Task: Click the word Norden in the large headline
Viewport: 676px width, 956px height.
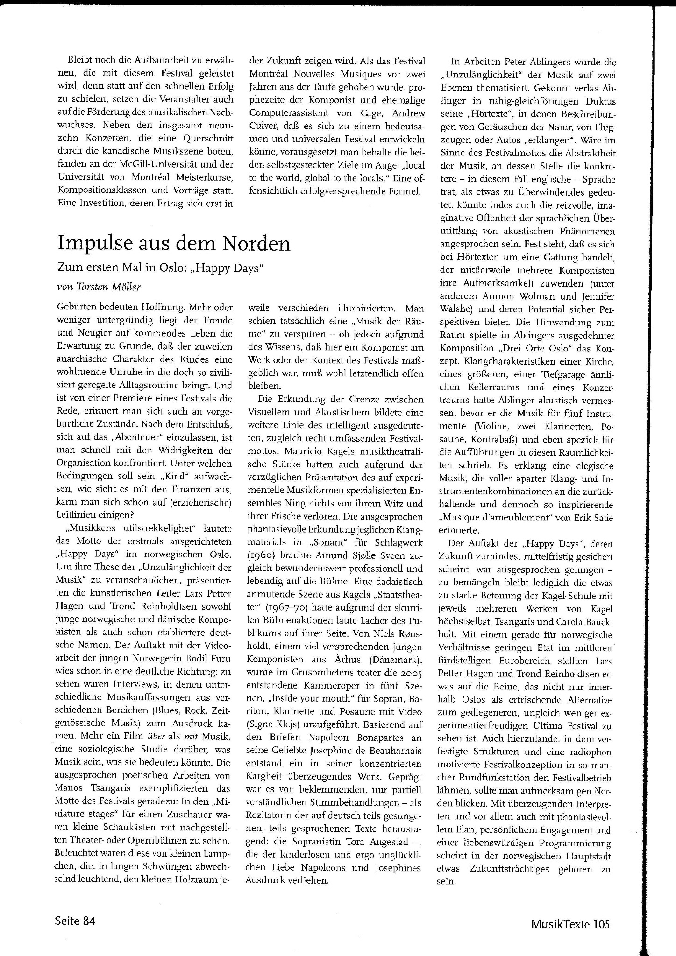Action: point(256,243)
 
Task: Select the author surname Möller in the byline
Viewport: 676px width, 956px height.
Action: point(125,287)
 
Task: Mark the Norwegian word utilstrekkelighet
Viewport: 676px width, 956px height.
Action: point(150,528)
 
